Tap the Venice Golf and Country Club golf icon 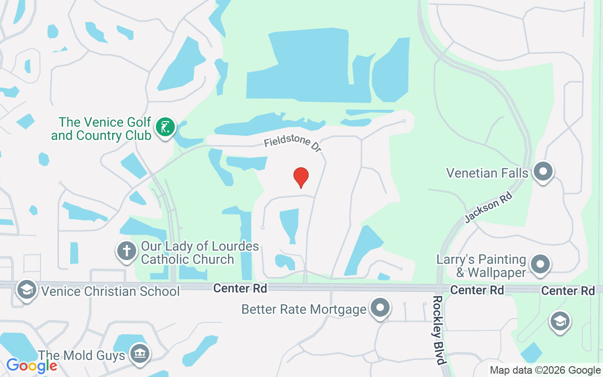(x=165, y=127)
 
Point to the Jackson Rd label (x=488, y=207)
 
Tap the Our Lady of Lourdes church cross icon (x=127, y=250)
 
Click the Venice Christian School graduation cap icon (x=27, y=290)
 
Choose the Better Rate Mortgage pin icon (x=380, y=308)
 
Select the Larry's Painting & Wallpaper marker (x=540, y=264)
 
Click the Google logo (x=32, y=365)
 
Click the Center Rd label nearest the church (x=240, y=288)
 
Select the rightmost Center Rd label (x=568, y=291)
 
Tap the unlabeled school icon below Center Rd (x=560, y=322)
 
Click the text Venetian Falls (x=487, y=173)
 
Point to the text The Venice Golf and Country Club (x=101, y=129)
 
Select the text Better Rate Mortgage (x=304, y=310)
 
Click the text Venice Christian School (x=111, y=291)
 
